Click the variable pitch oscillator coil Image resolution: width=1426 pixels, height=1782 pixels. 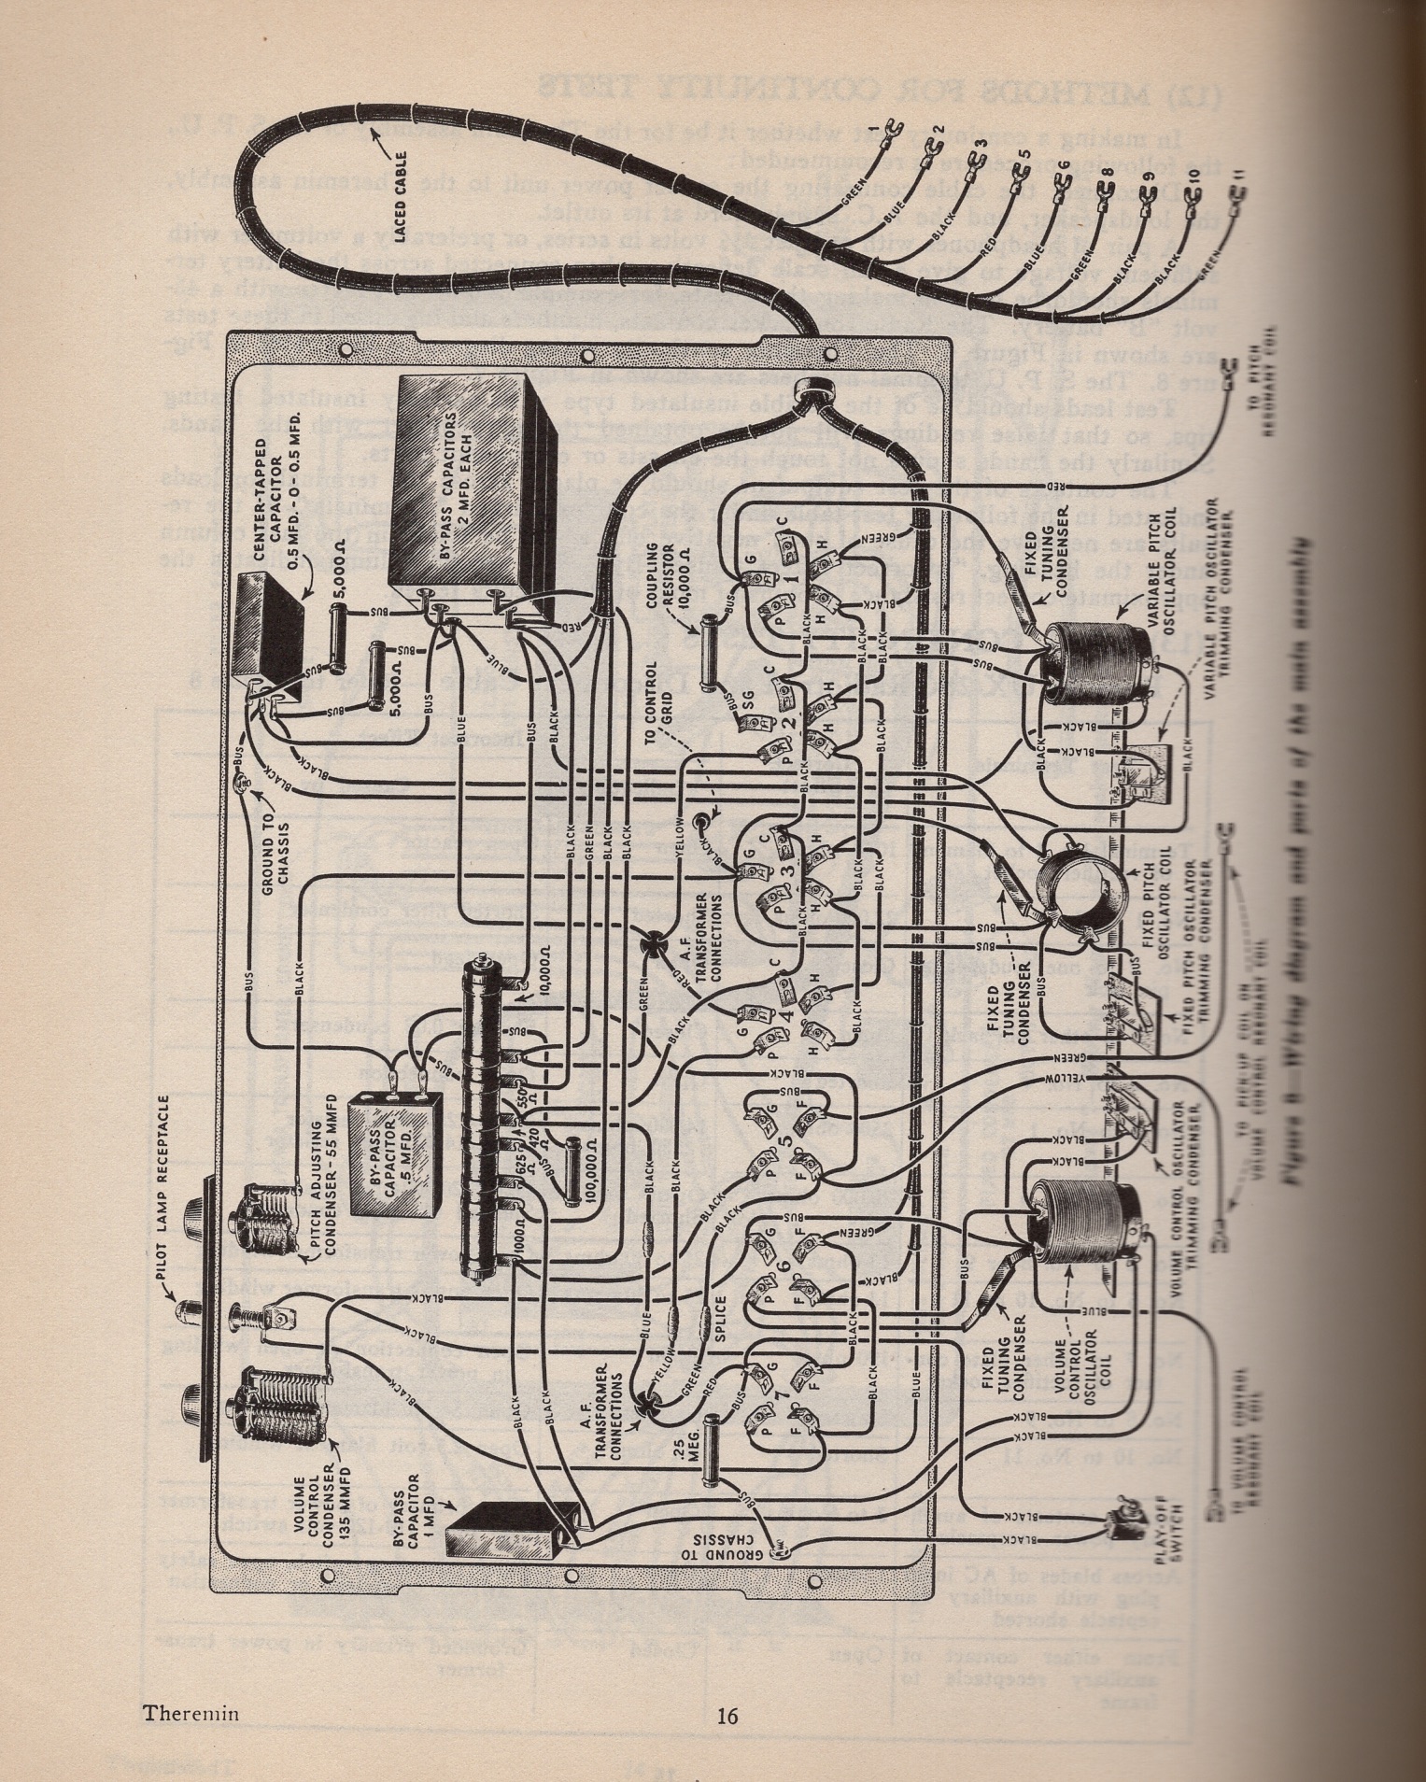1088,664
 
